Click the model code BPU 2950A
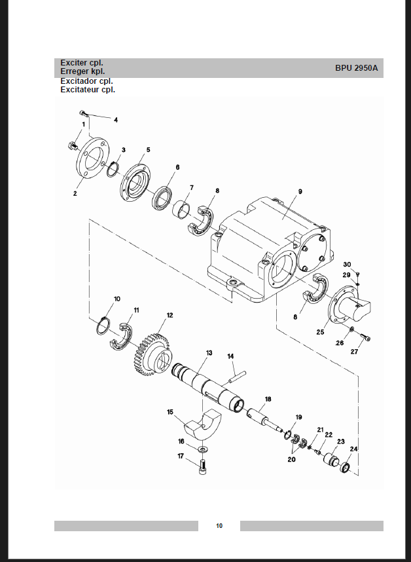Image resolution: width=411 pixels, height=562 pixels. [356, 67]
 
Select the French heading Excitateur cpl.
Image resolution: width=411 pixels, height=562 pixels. [88, 90]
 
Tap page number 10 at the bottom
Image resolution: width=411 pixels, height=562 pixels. [219, 525]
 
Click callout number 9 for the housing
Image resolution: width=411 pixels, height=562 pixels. [300, 191]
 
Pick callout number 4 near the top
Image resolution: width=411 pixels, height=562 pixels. [116, 120]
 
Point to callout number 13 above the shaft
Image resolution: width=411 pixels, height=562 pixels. [209, 353]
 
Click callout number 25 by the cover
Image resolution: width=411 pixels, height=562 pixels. [320, 332]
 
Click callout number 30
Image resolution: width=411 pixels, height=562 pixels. [347, 264]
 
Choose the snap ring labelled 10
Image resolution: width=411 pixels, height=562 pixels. [103, 326]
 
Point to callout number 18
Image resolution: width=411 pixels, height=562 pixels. [268, 398]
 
